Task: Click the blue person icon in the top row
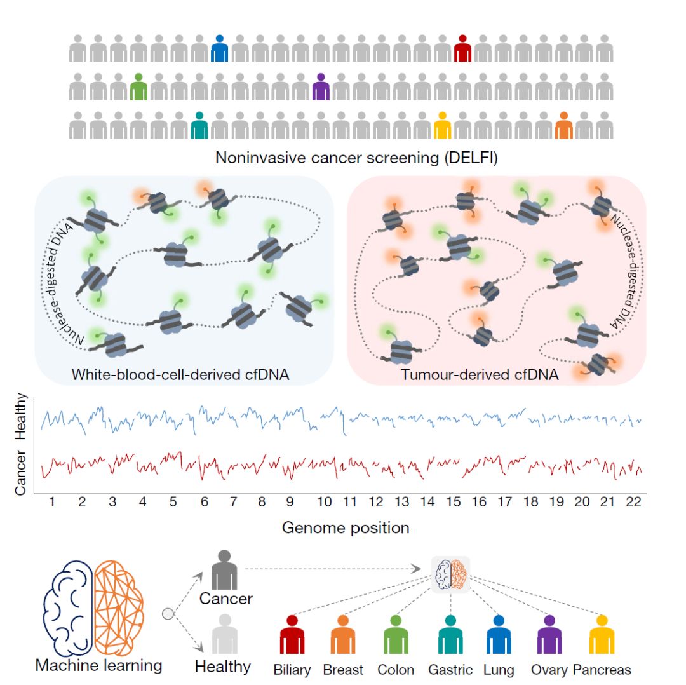click(219, 48)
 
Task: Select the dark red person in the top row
click(463, 48)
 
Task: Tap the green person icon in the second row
click(138, 87)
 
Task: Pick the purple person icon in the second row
click(321, 87)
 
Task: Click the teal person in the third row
click(199, 125)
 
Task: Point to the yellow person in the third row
click(443, 125)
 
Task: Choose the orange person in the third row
click(564, 125)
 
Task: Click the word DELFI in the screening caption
click(469, 158)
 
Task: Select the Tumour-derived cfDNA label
click(480, 374)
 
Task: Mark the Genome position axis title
click(346, 527)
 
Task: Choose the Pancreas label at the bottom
click(602, 670)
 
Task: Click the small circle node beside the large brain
click(168, 614)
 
